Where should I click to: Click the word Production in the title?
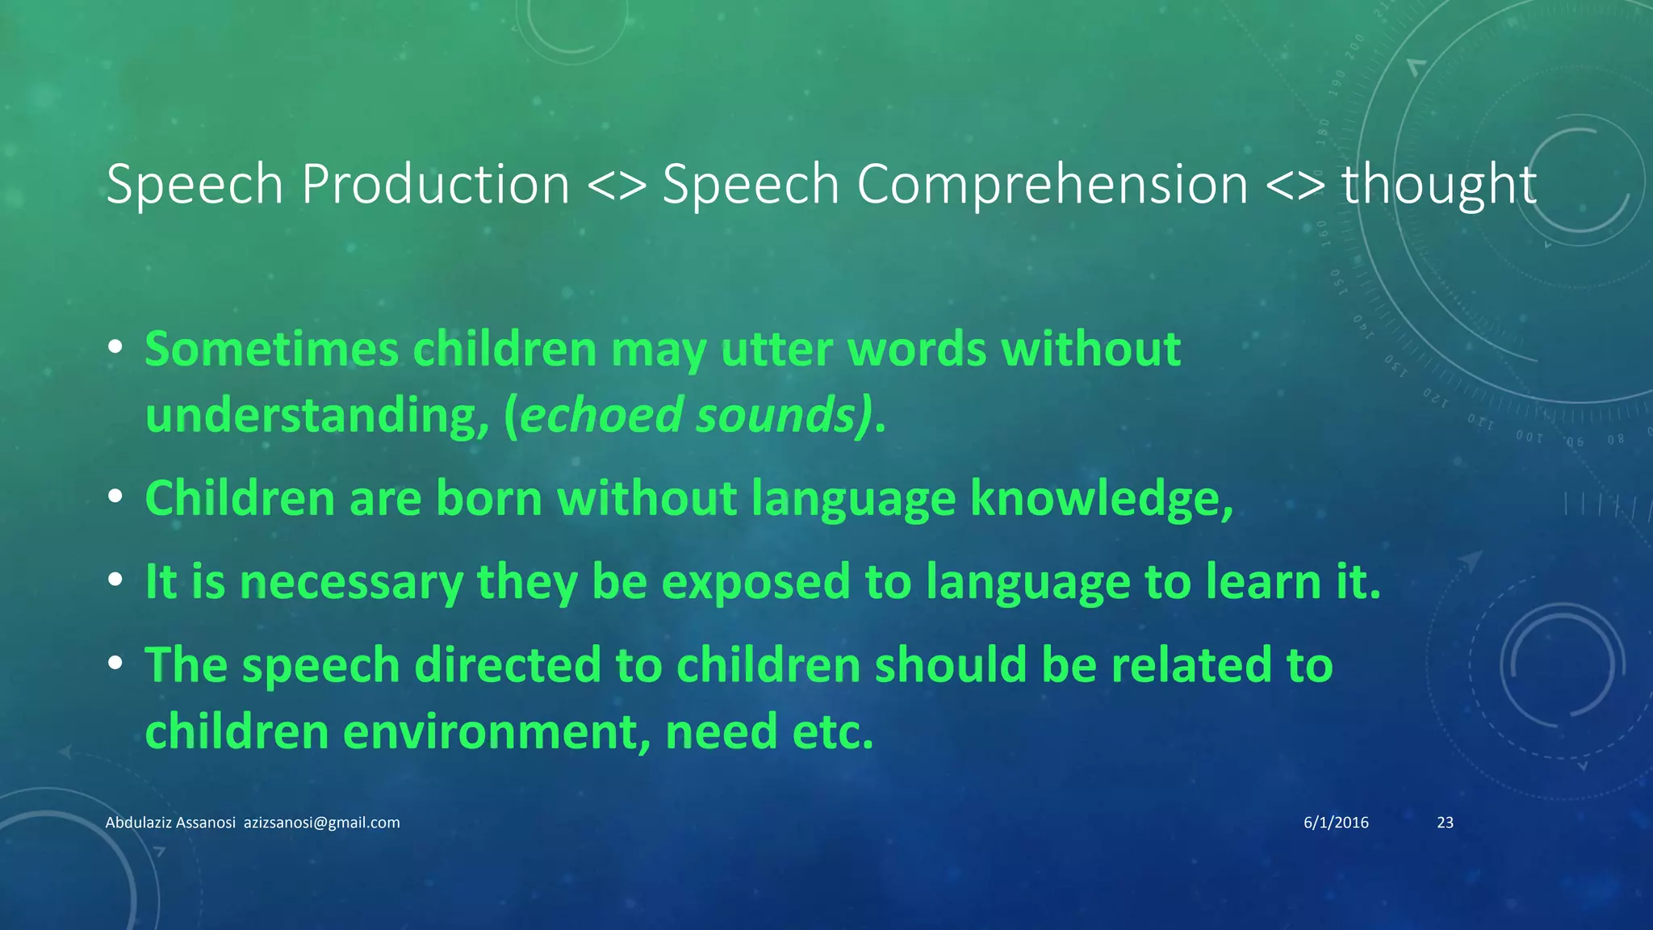(x=436, y=184)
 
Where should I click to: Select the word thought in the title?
(x=1439, y=184)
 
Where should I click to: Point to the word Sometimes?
(x=272, y=350)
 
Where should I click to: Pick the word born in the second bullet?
(x=489, y=497)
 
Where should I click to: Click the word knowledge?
(x=1101, y=499)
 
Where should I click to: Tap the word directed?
(x=507, y=665)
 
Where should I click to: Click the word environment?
(x=496, y=732)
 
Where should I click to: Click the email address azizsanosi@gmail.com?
(x=321, y=823)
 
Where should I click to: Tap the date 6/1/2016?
(x=1336, y=823)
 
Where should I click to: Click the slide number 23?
(x=1445, y=823)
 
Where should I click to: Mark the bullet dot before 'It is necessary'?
(x=115, y=580)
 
